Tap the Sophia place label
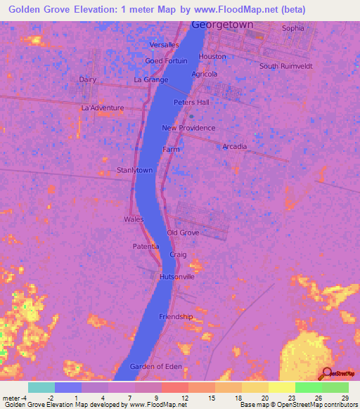[293, 28]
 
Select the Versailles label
[165, 45]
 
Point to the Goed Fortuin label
[166, 61]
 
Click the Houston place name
[212, 57]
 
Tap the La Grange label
[151, 80]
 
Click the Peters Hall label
[192, 103]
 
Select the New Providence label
[188, 128]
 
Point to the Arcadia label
[235, 146]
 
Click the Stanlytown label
[135, 170]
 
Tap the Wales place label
[134, 219]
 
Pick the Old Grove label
[183, 233]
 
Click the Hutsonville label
[176, 277]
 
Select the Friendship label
[176, 317]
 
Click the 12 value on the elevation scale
[174, 398]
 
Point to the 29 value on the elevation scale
[345, 398]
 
